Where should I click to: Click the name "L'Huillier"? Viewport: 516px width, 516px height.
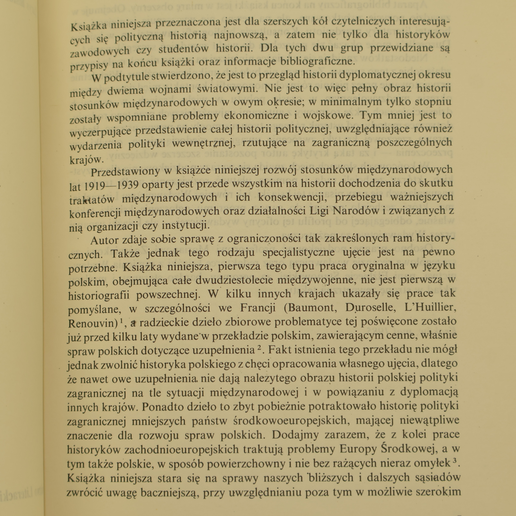click(x=431, y=307)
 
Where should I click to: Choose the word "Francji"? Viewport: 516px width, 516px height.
click(x=258, y=308)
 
